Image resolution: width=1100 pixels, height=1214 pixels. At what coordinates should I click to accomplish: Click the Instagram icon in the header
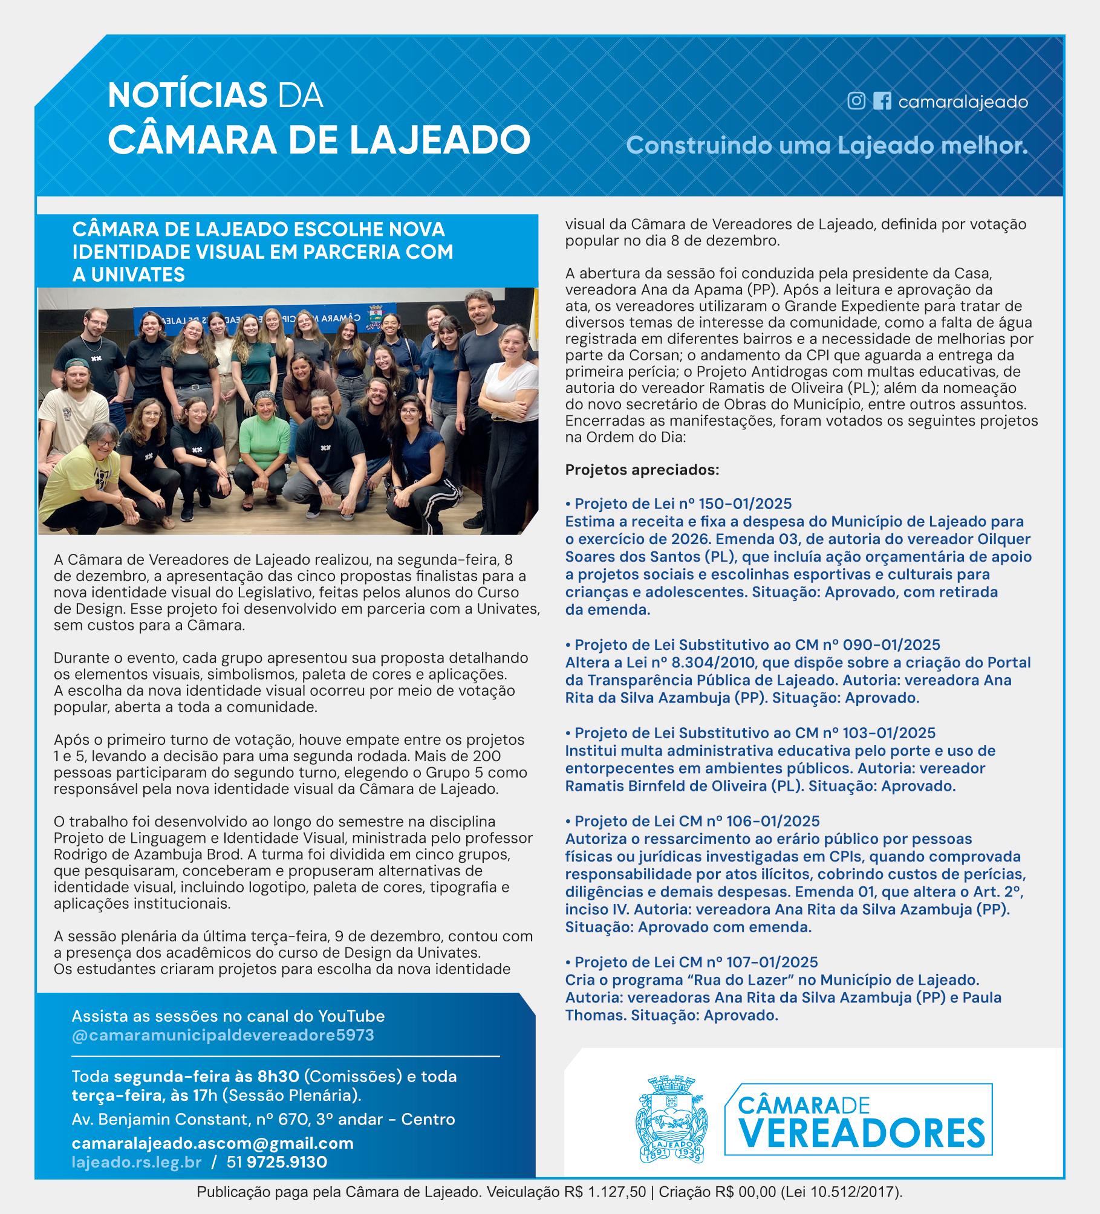pos(856,101)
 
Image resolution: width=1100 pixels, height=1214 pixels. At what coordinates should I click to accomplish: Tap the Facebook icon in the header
pos(882,101)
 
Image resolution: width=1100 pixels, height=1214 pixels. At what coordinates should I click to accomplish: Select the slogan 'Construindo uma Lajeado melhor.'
pos(827,145)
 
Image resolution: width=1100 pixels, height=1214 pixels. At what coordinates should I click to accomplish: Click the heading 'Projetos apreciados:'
pos(642,469)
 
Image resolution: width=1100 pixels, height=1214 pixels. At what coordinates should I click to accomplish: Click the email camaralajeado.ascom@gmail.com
pos(212,1143)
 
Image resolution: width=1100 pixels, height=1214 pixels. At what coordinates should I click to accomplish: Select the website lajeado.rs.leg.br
pos(137,1162)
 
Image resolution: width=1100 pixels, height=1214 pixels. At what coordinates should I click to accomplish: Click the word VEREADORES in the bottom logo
pos(859,1132)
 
